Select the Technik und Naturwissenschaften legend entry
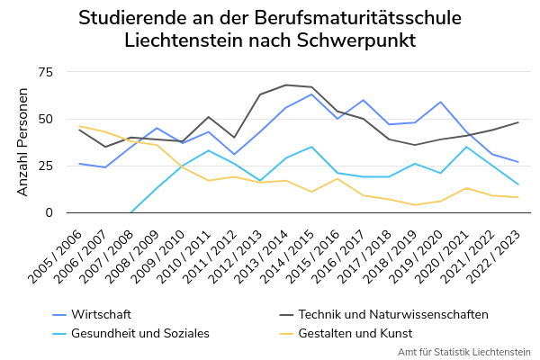(x=392, y=314)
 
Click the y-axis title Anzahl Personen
(x=23, y=142)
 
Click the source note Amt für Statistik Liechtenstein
(x=463, y=352)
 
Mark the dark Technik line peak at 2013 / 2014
(x=285, y=85)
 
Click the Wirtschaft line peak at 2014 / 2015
(x=311, y=94)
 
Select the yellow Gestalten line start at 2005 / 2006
(x=79, y=126)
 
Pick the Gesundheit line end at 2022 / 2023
(x=518, y=184)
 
